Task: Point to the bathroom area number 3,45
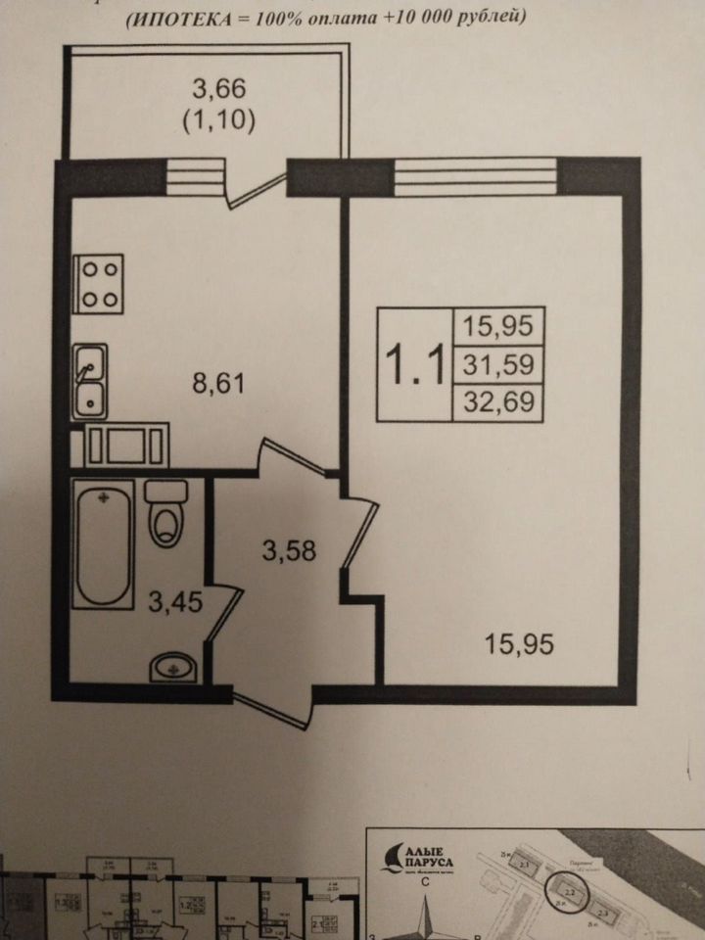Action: [x=175, y=601]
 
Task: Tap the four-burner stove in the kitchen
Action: [x=99, y=285]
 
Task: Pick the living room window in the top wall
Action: [x=477, y=177]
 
